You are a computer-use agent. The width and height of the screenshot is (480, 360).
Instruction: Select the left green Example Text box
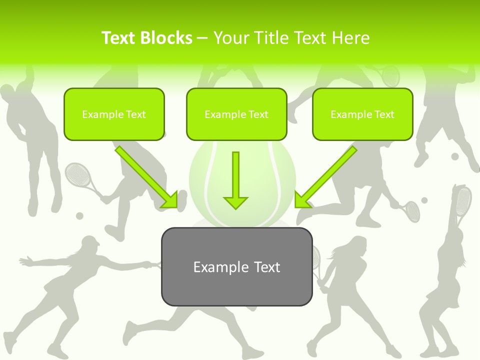(x=114, y=114)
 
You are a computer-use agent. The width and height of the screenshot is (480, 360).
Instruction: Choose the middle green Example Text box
(x=236, y=114)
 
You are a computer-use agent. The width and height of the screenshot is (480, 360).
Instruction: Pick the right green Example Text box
(x=362, y=114)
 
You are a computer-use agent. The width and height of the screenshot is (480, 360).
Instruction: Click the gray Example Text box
(x=236, y=266)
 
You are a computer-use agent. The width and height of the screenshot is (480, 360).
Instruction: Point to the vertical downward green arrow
(x=235, y=180)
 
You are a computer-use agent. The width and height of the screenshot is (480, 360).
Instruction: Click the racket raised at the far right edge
(x=463, y=200)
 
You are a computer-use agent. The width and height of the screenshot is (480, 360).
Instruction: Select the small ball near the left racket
(x=79, y=216)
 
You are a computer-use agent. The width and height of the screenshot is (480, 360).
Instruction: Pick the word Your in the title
(x=231, y=38)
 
